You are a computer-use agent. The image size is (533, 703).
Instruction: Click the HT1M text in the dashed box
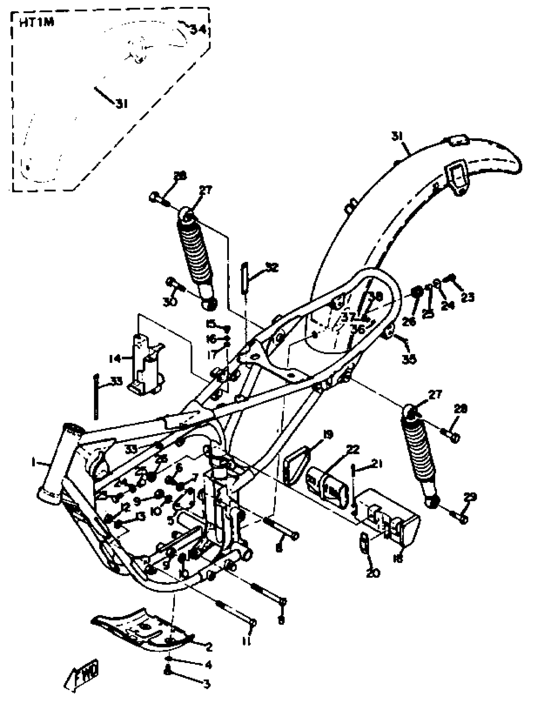(37, 23)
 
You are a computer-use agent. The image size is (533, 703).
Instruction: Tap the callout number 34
(198, 29)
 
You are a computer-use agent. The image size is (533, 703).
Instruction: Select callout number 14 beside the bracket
(114, 359)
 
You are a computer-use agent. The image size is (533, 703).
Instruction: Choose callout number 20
(373, 573)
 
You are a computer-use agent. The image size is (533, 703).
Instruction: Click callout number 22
(353, 449)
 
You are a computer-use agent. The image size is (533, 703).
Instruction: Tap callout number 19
(328, 434)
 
